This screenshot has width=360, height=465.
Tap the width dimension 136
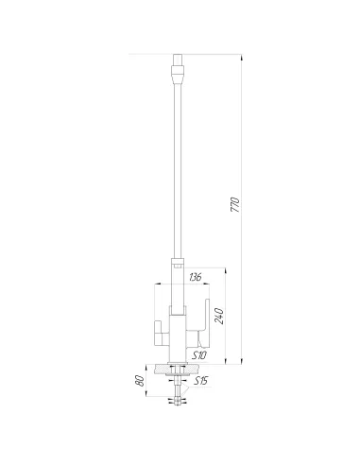click(195, 277)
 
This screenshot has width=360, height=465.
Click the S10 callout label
click(199, 354)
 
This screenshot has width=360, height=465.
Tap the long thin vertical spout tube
click(175, 170)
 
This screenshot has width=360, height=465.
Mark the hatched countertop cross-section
click(176, 369)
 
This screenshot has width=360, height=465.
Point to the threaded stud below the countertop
click(176, 387)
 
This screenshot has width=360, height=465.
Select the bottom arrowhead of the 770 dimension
click(243, 361)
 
